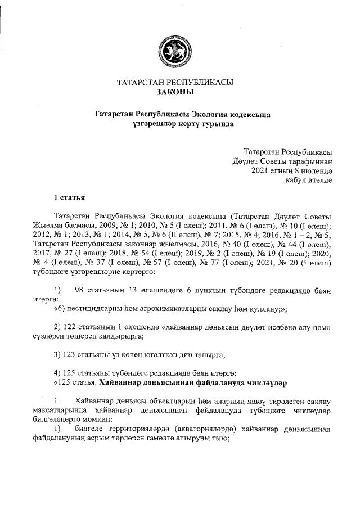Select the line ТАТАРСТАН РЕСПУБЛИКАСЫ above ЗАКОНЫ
tap(174, 82)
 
